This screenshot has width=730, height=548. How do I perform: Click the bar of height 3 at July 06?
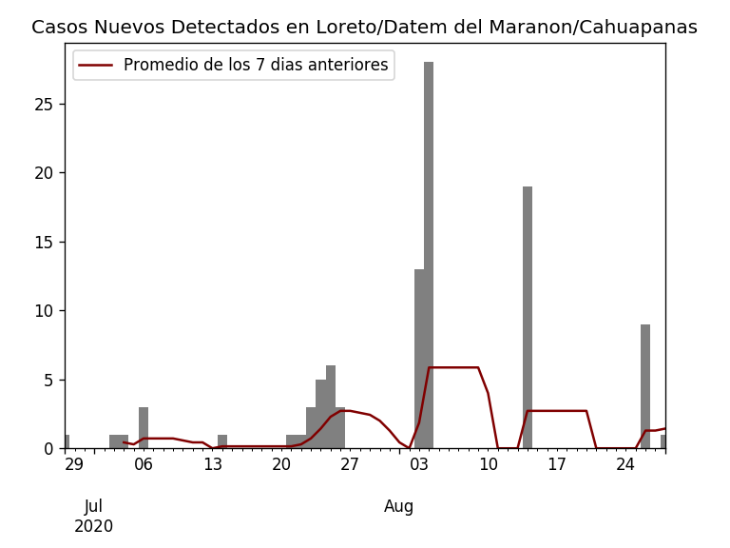(144, 428)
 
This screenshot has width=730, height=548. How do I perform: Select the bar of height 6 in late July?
(331, 407)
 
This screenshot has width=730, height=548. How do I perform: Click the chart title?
(364, 28)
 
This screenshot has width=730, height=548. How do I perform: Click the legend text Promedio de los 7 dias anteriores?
(256, 66)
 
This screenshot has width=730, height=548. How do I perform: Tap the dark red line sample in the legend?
(95, 66)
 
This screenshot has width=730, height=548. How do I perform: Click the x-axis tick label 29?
(74, 465)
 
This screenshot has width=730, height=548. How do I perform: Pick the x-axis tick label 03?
(419, 465)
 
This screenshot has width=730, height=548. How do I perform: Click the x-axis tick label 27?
(350, 465)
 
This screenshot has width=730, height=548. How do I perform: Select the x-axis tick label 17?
(557, 465)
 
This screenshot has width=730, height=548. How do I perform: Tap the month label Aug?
(399, 507)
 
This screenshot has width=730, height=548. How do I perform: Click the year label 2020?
(93, 527)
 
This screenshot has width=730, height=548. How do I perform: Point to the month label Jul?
(93, 507)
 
